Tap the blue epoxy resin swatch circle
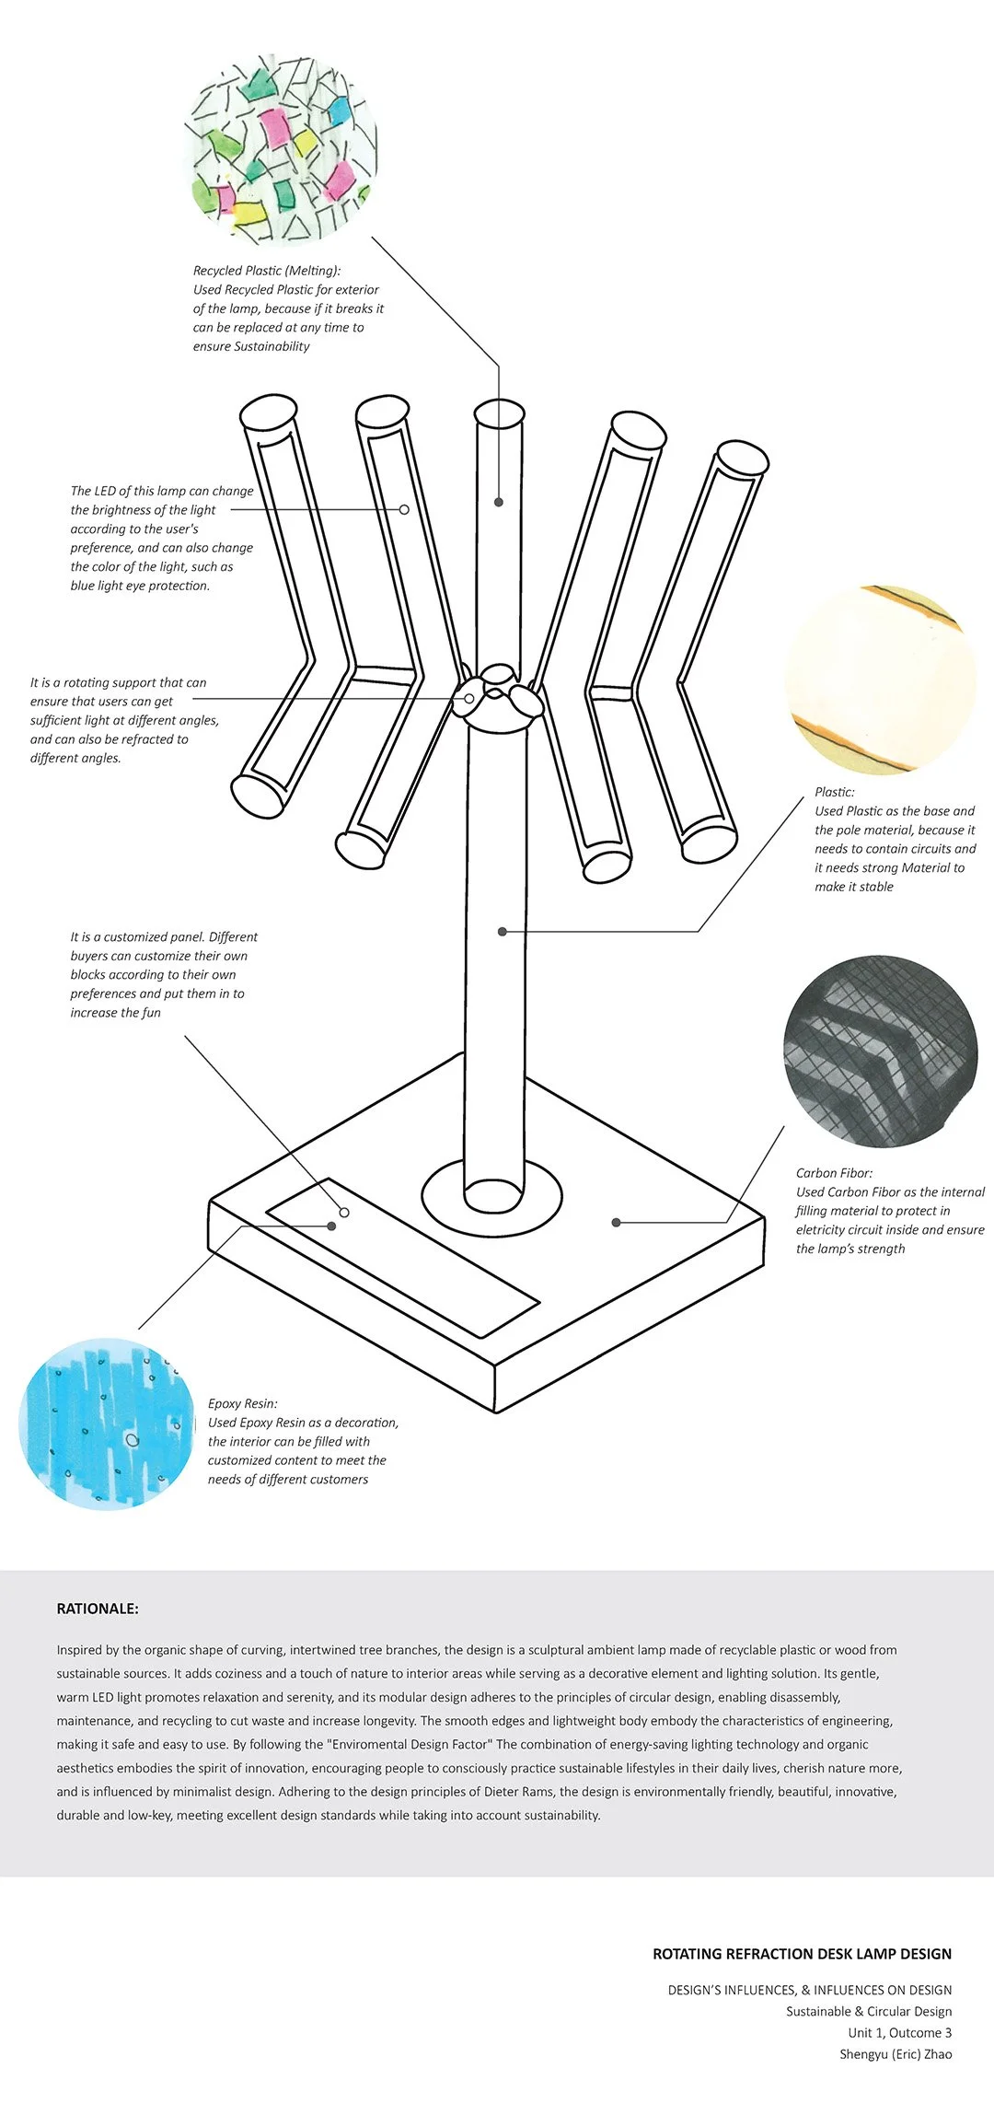tap(108, 1424)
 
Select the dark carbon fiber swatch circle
tap(881, 1052)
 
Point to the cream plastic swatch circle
tap(881, 679)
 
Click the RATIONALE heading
tap(98, 1609)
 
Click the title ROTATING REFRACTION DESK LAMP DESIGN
tap(803, 1953)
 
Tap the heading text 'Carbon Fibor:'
tap(835, 1173)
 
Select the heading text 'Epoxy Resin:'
tap(243, 1403)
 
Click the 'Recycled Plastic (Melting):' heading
tap(267, 271)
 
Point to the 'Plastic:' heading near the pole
tap(835, 792)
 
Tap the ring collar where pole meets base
tap(491, 1194)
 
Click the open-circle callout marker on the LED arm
tap(404, 509)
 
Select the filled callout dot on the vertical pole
tap(503, 932)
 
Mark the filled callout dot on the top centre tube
tap(499, 502)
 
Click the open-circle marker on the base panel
tap(344, 1213)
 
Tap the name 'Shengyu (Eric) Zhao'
tap(896, 2054)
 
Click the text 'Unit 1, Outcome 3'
tap(900, 2032)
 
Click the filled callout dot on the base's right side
tap(617, 1223)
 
